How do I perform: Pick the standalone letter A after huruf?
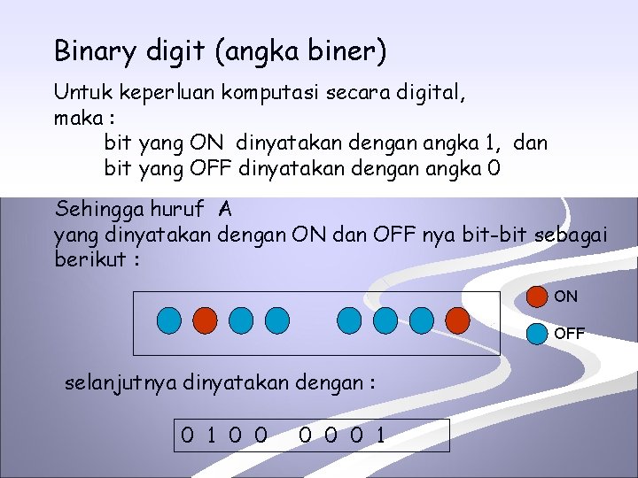[225, 210]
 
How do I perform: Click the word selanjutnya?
[121, 383]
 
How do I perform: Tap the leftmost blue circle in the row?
[171, 320]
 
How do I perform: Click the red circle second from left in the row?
[205, 320]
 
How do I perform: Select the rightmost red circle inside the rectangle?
[456, 320]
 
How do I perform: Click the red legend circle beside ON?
[537, 297]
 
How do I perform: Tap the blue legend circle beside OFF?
[537, 334]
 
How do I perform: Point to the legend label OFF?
[569, 334]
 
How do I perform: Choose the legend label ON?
[565, 297]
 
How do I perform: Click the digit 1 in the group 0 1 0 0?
[211, 435]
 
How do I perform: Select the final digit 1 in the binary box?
[379, 435]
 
